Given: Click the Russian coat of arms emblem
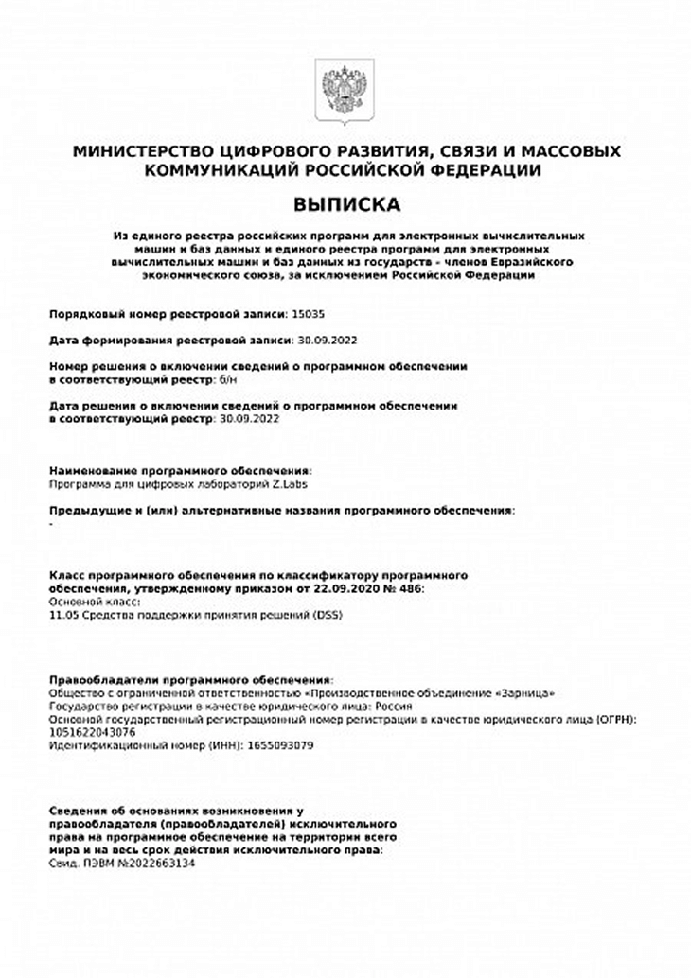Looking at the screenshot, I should tap(346, 91).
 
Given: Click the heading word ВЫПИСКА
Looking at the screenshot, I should tap(346, 204).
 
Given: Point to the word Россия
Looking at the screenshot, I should tap(394, 706).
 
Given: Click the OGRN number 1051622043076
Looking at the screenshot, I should tap(92, 732).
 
